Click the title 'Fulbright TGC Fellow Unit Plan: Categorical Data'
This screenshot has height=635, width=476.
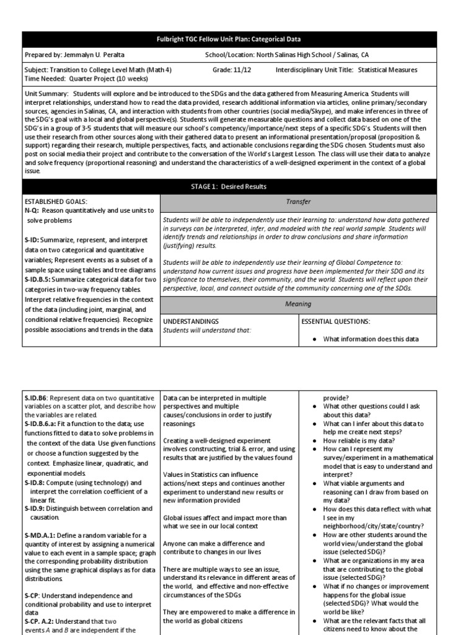[238, 39]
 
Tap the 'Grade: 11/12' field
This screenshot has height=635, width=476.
[231, 70]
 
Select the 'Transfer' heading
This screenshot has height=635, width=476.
[298, 202]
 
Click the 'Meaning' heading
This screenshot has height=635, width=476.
[298, 304]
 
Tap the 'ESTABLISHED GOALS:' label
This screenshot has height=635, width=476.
[55, 202]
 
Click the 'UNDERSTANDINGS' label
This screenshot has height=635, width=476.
[190, 322]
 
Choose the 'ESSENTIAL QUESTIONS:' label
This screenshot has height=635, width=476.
[335, 322]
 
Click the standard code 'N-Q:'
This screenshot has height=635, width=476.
[33, 211]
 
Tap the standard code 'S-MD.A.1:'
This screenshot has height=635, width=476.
[42, 535]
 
